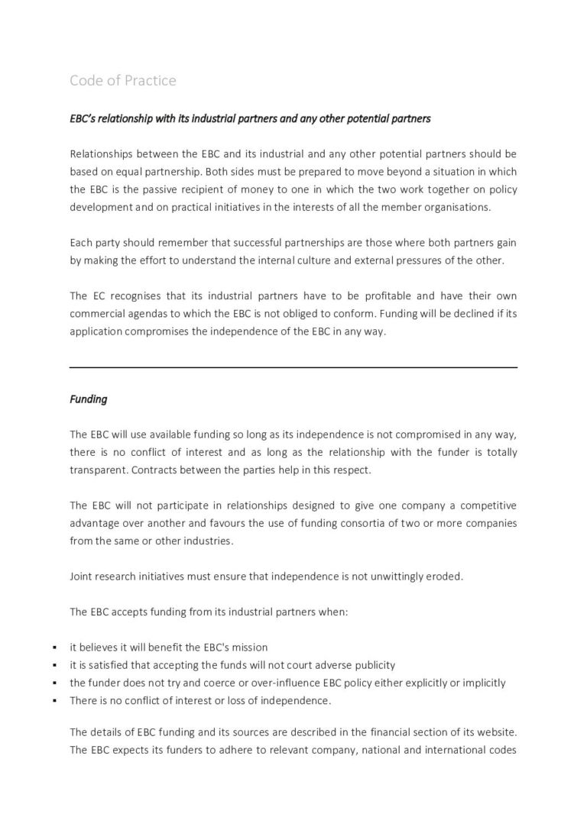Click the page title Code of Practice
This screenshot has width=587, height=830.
click(123, 80)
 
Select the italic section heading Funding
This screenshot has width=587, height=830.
click(89, 399)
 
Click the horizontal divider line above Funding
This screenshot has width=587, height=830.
click(293, 367)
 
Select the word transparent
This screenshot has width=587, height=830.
click(98, 470)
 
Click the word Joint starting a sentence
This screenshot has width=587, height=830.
click(82, 576)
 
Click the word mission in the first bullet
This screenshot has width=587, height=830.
click(248, 648)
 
